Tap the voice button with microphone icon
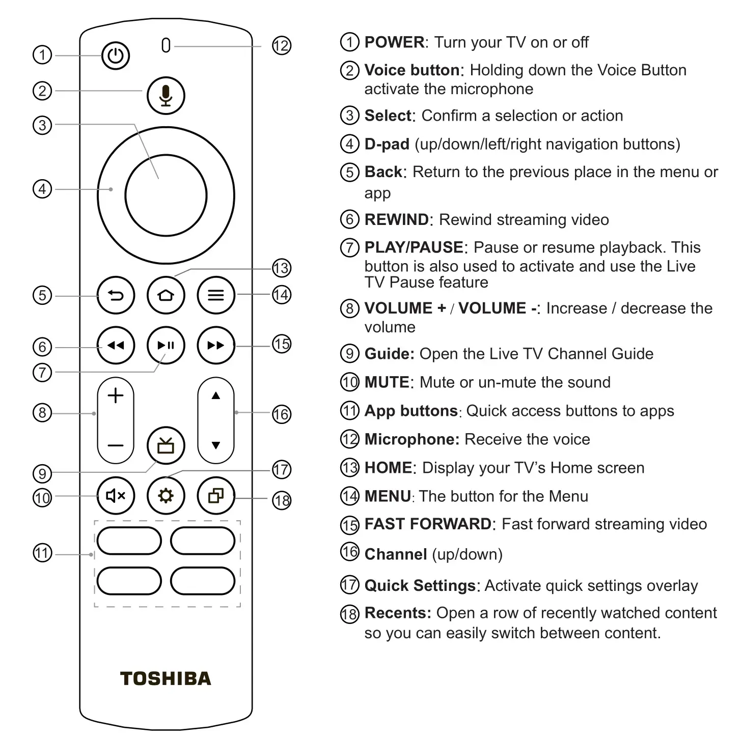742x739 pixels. [166, 95]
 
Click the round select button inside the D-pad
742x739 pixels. [166, 195]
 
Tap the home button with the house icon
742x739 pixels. [166, 295]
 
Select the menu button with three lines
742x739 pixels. [216, 295]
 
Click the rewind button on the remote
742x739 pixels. [116, 346]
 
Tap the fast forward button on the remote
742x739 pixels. [216, 346]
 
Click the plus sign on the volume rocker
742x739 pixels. [116, 395]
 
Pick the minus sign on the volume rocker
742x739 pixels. [116, 446]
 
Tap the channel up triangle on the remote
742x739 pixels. [216, 395]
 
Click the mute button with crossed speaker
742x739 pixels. [116, 496]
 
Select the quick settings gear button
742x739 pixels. [166, 496]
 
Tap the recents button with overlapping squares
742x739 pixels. [216, 496]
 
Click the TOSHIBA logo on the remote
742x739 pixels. [166, 678]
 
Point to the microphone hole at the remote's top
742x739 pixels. [166, 45]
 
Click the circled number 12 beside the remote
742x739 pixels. [281, 46]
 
